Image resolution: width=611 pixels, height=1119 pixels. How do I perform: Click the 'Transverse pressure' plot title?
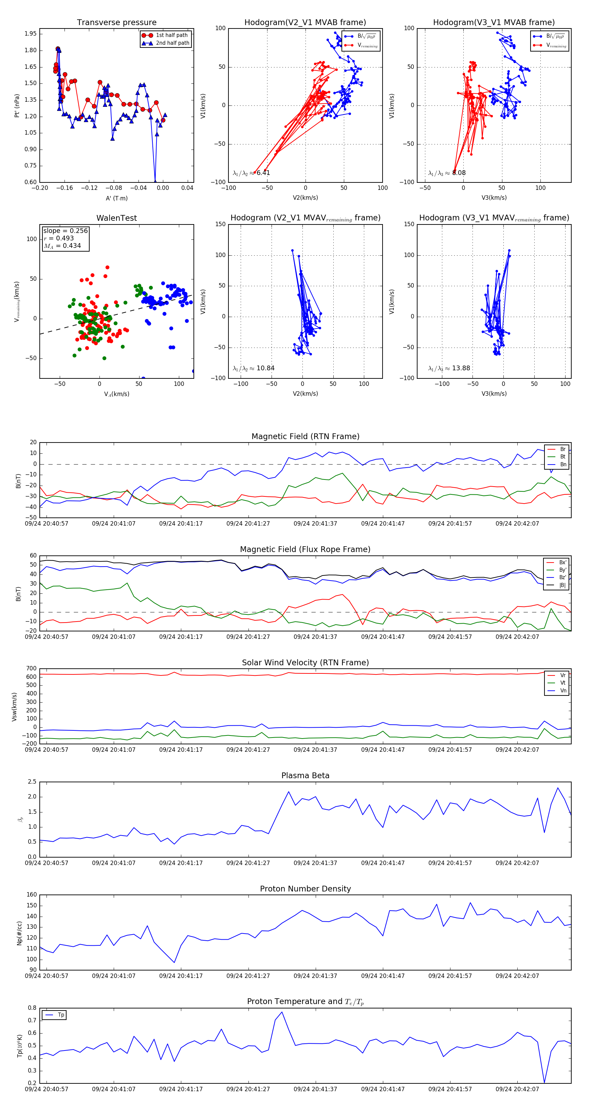point(116,23)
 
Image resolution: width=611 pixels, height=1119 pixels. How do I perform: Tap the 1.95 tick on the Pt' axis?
point(31,34)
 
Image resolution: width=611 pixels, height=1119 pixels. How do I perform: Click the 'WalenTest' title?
point(116,218)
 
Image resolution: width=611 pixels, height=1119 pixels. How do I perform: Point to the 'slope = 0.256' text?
point(65,231)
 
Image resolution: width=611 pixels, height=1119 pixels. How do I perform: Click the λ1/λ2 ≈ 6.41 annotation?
point(251,173)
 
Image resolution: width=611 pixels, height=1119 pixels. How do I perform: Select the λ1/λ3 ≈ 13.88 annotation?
point(449,368)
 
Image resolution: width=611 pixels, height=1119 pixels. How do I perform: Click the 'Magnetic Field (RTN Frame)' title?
point(305,436)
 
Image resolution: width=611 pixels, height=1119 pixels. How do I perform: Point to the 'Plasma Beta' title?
point(305,776)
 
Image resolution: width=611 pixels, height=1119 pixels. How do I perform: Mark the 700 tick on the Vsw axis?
point(31,669)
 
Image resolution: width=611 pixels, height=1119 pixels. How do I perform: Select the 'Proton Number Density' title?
point(305,889)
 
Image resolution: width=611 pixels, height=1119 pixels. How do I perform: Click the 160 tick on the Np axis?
point(31,895)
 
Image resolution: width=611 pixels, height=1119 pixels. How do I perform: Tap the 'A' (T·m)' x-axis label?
point(116,198)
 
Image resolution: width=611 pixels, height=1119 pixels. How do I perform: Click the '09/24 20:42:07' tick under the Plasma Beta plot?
point(517,863)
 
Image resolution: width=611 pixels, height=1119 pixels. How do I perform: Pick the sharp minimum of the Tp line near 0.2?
point(544,1082)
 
